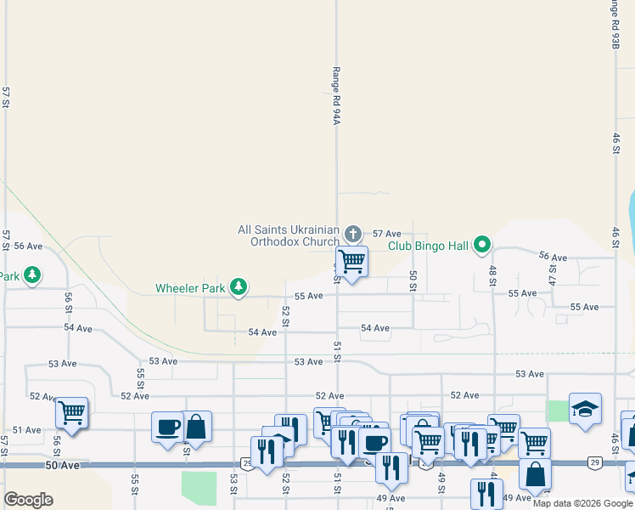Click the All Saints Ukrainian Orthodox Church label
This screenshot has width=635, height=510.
click(x=289, y=235)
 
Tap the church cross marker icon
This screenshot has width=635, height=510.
click(x=353, y=233)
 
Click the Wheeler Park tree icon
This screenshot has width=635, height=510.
click(x=239, y=287)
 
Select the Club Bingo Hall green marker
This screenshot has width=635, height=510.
click(x=482, y=245)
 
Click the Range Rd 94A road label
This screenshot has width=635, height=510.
click(x=336, y=95)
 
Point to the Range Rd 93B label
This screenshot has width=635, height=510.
click(x=613, y=24)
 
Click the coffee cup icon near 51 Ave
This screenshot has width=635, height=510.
click(x=167, y=426)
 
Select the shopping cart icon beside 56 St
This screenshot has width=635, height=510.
click(x=72, y=413)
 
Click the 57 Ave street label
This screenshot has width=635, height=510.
click(x=386, y=233)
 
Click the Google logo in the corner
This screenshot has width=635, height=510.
click(x=28, y=500)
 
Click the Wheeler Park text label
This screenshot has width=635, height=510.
click(x=190, y=288)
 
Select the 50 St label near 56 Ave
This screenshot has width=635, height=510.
click(x=413, y=281)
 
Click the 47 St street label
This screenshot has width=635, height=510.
click(x=552, y=274)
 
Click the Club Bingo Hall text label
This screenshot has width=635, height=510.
click(x=429, y=246)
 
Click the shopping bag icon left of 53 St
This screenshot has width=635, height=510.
click(x=196, y=426)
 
